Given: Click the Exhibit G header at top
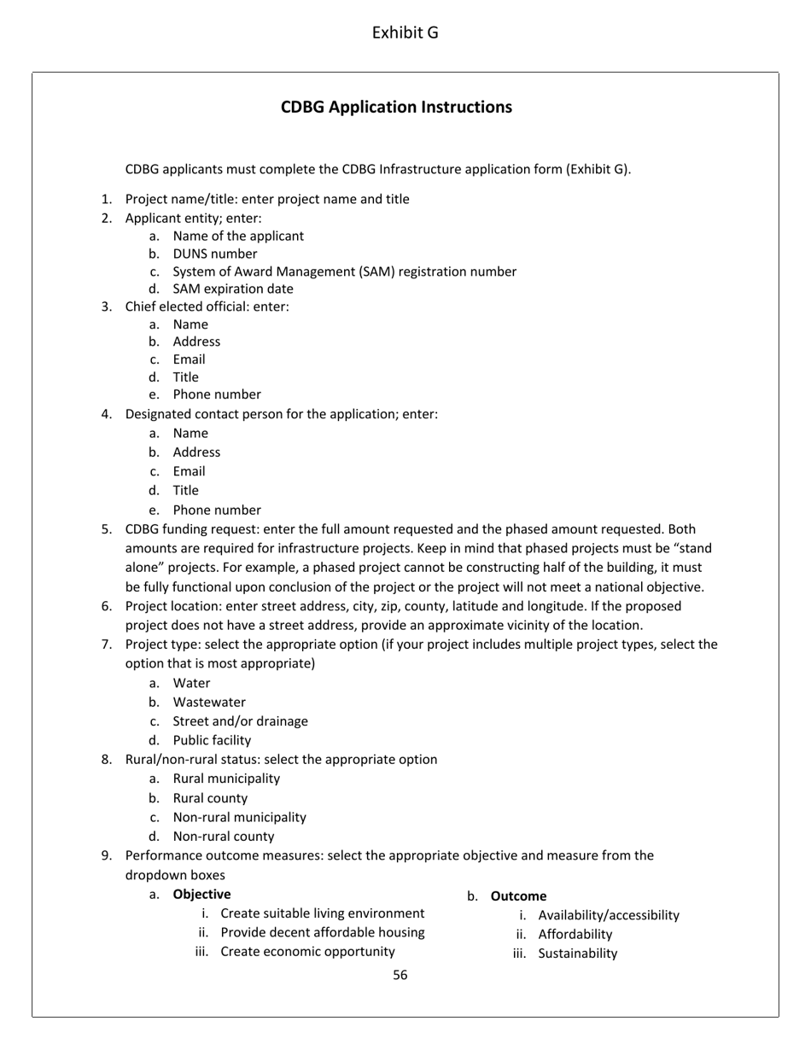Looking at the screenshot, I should pos(405,33).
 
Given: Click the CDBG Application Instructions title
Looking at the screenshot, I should pos(396,107).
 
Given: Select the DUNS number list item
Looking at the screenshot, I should pos(214,254).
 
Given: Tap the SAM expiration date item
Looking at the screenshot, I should pos(232,289).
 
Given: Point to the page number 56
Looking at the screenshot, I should pos(400,975).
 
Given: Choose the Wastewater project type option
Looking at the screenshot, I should pos(208,702).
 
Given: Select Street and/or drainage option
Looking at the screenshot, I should pos(240,721).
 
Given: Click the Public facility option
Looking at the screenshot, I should pos(212,740).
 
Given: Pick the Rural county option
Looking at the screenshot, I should pos(210,798).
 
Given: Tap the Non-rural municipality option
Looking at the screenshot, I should pos(239,817).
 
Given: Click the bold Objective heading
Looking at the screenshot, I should pos(201,895).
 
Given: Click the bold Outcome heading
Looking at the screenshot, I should pos(518,896).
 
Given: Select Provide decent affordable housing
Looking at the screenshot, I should pos(322,932).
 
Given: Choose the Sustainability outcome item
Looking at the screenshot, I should pos(577,954).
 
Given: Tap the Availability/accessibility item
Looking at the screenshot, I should pos(609,915).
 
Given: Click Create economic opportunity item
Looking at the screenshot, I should pos(307,951).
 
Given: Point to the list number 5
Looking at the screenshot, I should pos(106,529).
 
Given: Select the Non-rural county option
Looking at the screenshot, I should pos(224,837).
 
